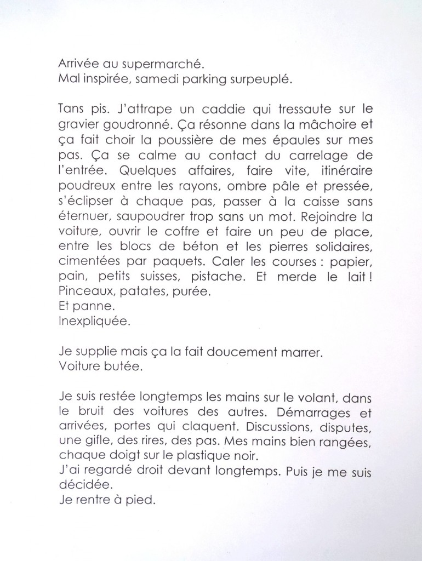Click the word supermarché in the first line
coord(145,64)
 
